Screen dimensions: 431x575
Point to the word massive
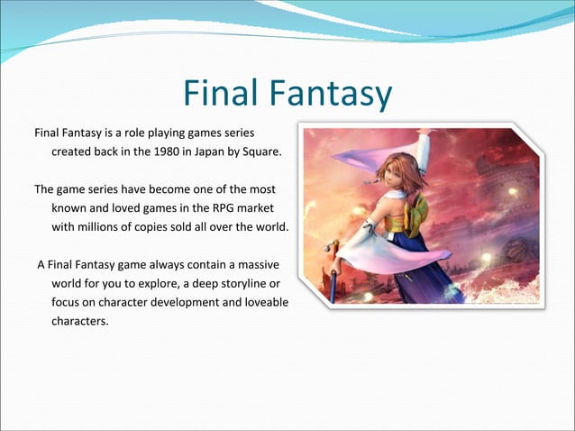click(x=256, y=266)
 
